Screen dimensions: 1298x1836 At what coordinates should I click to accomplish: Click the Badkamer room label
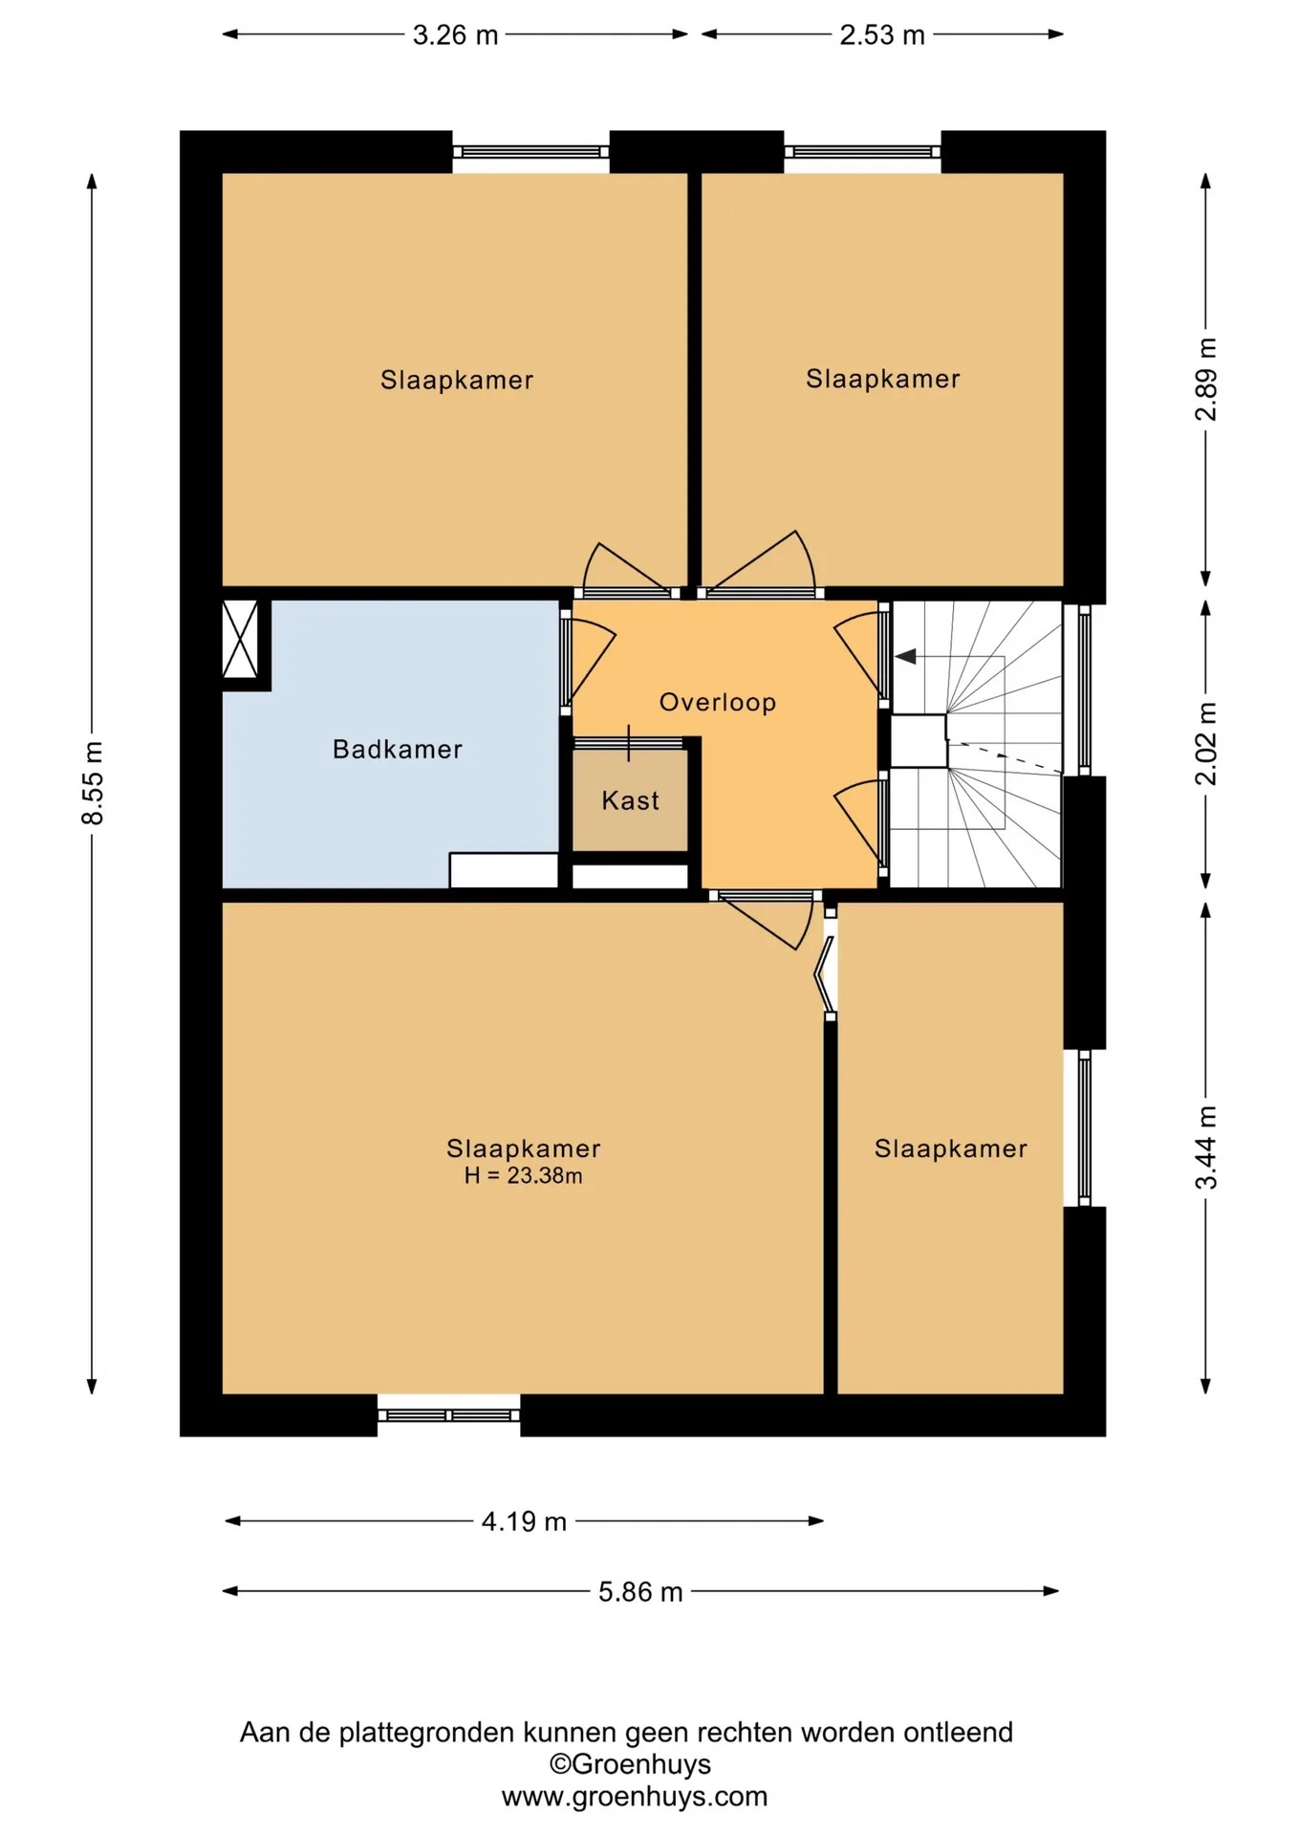tap(398, 749)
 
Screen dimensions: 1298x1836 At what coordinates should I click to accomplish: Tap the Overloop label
tap(718, 702)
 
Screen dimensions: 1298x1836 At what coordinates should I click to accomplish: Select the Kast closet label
tap(631, 800)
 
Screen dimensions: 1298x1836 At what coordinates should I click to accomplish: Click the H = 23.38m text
tap(524, 1175)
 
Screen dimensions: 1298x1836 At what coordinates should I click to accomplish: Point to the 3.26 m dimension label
tap(455, 35)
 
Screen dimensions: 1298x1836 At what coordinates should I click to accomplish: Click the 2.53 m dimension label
tap(882, 35)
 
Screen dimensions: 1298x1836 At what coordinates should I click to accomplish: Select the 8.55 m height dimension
tap(93, 782)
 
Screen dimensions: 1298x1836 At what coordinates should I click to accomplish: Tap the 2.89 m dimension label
tap(1206, 379)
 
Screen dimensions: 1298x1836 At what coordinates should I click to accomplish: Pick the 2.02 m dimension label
tap(1206, 743)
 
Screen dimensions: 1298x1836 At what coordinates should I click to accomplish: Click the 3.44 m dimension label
tap(1206, 1147)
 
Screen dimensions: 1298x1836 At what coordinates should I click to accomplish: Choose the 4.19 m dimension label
tap(524, 1521)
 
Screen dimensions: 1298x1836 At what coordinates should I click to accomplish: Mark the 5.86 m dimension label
tap(640, 1592)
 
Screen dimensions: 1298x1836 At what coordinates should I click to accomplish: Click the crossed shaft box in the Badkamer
tap(240, 639)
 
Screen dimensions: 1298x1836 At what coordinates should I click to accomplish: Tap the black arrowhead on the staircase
tap(905, 656)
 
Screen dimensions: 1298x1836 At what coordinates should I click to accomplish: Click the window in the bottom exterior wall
tap(449, 1415)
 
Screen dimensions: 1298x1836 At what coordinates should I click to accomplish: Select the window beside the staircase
tap(1085, 688)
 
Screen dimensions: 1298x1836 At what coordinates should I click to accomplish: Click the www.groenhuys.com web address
tap(635, 1797)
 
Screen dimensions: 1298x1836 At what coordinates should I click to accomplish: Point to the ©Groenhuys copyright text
tap(630, 1764)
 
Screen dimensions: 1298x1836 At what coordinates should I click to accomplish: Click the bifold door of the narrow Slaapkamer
tap(825, 966)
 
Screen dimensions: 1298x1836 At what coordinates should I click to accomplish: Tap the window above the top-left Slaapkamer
tap(530, 152)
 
